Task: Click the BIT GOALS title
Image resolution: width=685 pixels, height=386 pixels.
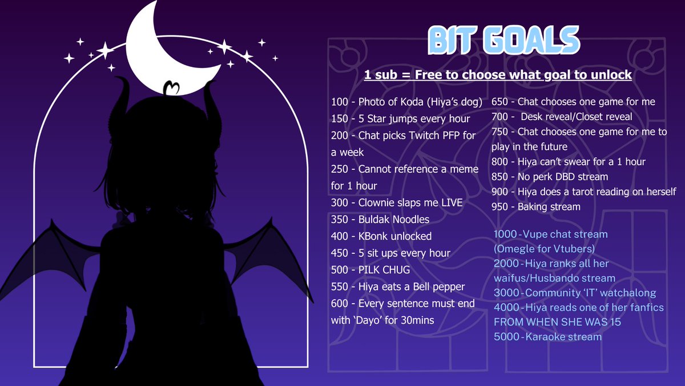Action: [x=503, y=41]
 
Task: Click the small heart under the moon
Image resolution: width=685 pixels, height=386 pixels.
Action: [x=171, y=88]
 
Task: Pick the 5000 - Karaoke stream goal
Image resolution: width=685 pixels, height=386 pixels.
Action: [x=547, y=337]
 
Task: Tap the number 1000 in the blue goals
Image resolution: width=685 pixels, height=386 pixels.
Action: [x=505, y=234]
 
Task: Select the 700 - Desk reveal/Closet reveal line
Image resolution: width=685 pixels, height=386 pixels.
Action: [x=562, y=117]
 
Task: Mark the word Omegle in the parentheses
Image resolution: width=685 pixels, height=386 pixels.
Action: [x=515, y=249]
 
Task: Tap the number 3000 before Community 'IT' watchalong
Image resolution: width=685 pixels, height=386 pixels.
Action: [x=505, y=293]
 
